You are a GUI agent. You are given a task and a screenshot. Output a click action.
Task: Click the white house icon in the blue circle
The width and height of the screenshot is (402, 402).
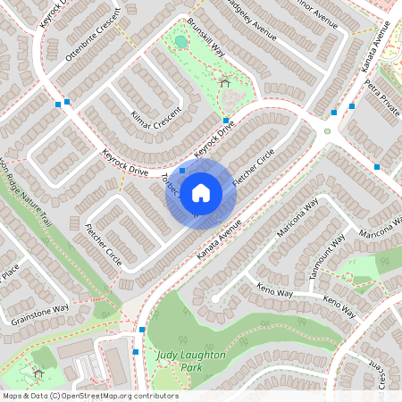pyautogui.click(x=201, y=191)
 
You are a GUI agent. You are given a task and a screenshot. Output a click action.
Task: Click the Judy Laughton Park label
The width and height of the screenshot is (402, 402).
pyautogui.click(x=191, y=361)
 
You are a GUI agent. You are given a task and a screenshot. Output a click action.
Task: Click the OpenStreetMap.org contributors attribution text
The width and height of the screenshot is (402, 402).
pyautogui.click(x=115, y=395)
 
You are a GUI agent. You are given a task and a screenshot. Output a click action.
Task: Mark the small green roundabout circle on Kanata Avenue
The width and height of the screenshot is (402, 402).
pyautogui.click(x=327, y=131)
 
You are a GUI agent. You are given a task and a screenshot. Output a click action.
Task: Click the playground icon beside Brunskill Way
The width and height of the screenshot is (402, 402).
pyautogui.click(x=224, y=83)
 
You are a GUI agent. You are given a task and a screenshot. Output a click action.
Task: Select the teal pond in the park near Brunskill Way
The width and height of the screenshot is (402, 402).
pyautogui.click(x=181, y=41)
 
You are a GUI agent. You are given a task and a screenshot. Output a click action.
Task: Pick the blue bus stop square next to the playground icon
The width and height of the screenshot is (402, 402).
pyautogui.click(x=226, y=120)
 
